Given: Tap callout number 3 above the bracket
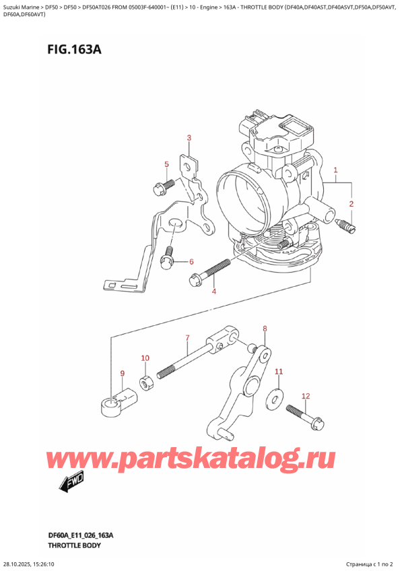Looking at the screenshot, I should [x=189, y=139].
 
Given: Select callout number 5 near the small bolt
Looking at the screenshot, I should [x=166, y=164].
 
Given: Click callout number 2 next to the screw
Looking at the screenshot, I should [x=351, y=203].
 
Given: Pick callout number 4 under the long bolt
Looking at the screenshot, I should [x=214, y=292].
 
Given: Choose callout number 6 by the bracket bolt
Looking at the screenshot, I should [x=191, y=262].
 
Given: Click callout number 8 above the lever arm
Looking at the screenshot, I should [x=265, y=329].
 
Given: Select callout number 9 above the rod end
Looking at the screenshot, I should [x=122, y=374].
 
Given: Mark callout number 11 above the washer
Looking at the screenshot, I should [x=279, y=372].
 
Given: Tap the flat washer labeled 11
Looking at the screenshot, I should [x=275, y=397].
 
